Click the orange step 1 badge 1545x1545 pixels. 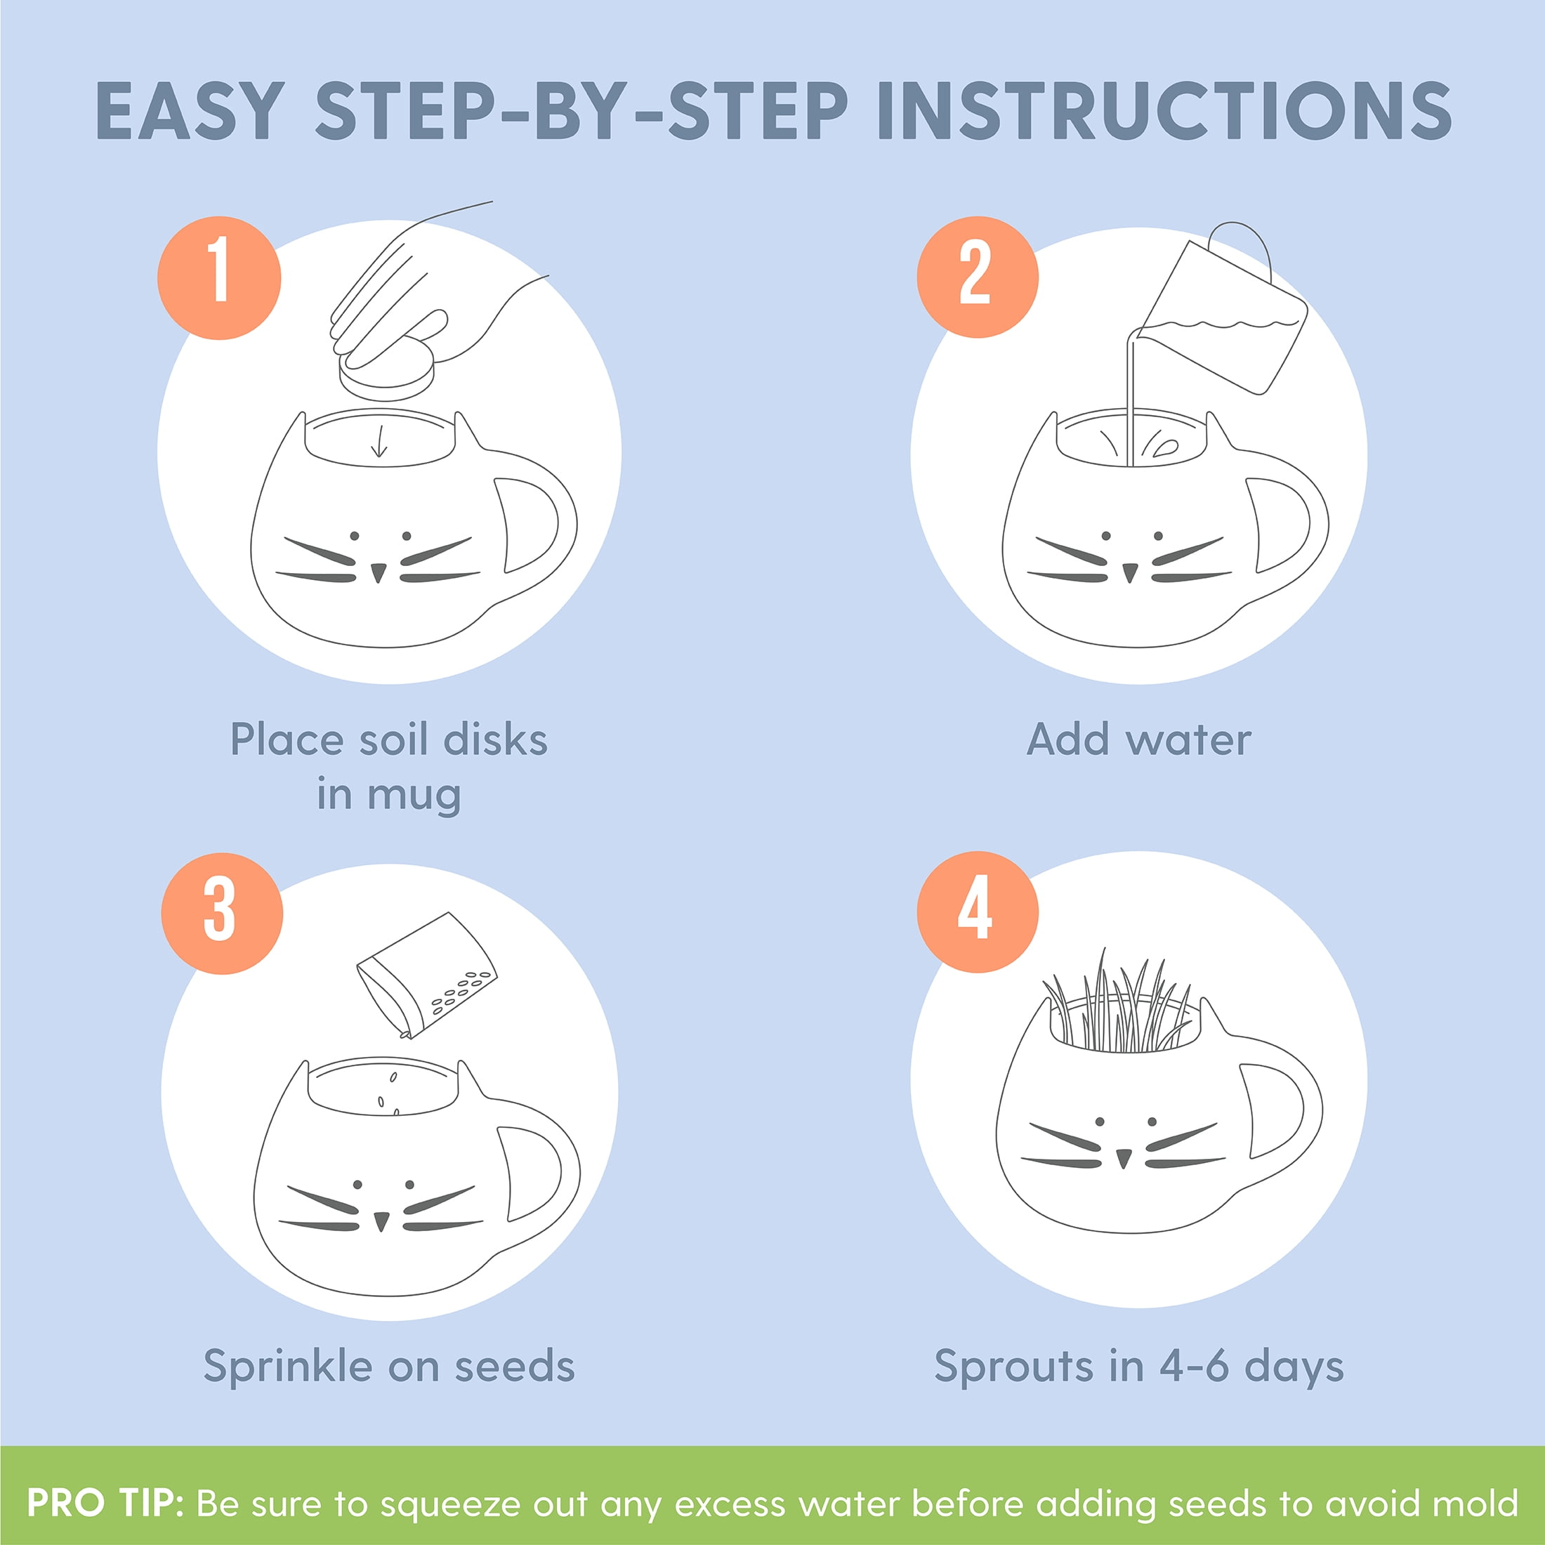[219, 277]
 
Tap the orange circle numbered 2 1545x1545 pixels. [978, 277]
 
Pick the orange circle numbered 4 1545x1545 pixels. [978, 912]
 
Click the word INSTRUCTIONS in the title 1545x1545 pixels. [1164, 110]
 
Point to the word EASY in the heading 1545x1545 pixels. [190, 110]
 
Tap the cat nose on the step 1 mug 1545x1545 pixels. [379, 572]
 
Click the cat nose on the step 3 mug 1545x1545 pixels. [381, 1221]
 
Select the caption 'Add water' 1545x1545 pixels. [1139, 739]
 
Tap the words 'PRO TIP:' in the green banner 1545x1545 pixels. [105, 1503]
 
